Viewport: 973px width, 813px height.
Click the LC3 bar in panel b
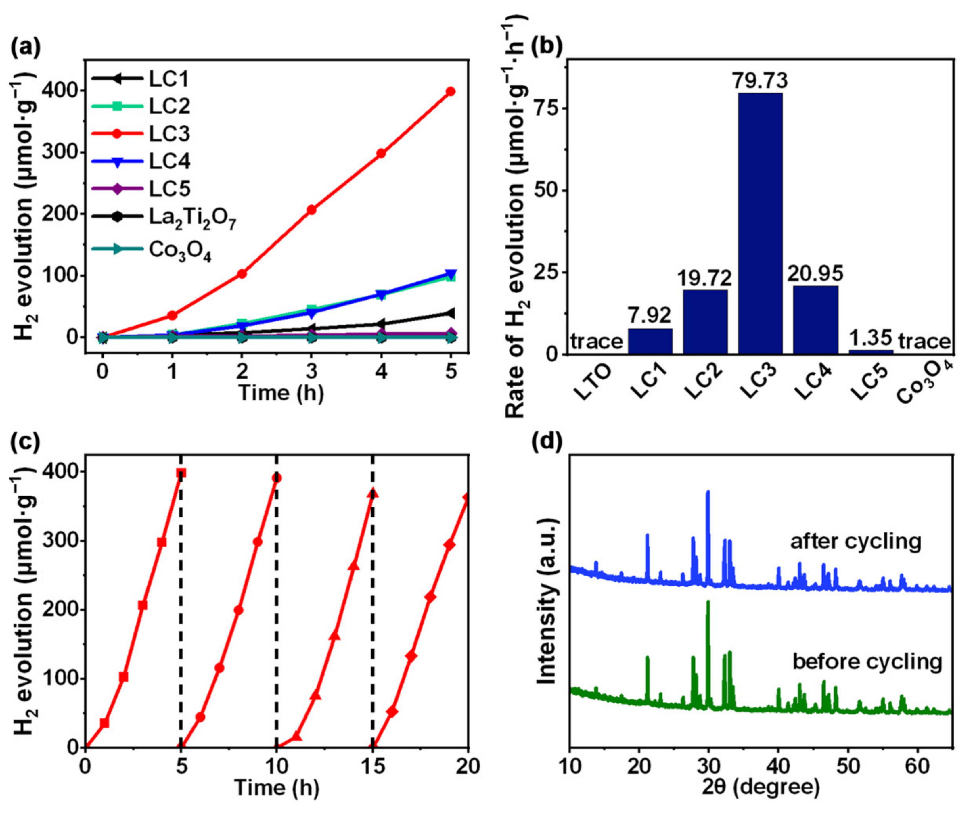pos(760,222)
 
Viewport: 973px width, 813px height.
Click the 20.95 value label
pos(815,273)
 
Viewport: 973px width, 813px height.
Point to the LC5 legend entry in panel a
pos(169,189)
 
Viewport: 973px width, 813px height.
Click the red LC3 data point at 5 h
pos(450,91)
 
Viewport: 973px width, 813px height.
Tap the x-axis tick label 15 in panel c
pos(373,766)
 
